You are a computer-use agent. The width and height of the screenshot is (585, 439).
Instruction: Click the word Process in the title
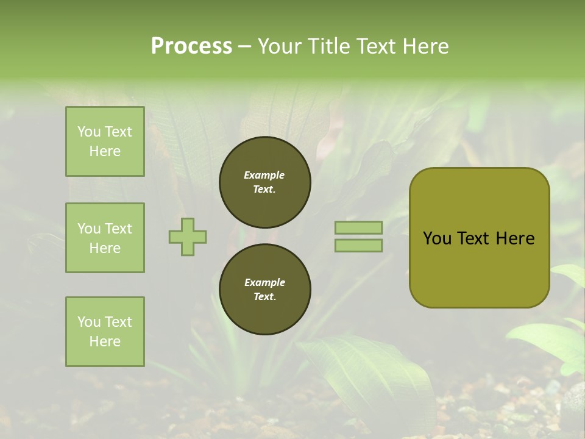click(191, 46)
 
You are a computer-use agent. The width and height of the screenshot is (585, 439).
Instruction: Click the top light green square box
click(105, 141)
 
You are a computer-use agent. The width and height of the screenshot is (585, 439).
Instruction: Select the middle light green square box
click(105, 238)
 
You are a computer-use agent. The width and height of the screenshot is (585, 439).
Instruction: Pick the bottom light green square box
click(105, 332)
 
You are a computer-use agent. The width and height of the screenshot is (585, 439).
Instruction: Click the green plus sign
click(188, 237)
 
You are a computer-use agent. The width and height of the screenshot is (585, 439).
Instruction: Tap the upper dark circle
click(264, 182)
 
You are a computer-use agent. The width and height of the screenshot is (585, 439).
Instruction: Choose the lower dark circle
click(264, 289)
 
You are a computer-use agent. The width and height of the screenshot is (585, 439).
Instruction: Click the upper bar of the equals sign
click(358, 227)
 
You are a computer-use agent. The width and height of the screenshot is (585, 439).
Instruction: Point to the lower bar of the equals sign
click(358, 246)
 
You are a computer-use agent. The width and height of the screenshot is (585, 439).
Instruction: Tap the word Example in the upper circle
click(264, 175)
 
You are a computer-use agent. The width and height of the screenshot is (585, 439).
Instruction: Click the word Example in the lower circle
click(264, 282)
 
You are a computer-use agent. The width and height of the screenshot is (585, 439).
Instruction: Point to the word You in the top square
click(89, 132)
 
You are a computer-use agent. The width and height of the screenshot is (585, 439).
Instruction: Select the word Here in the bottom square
click(105, 341)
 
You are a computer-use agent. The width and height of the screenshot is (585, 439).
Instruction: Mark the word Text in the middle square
click(118, 229)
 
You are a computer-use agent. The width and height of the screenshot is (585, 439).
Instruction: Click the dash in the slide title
click(245, 46)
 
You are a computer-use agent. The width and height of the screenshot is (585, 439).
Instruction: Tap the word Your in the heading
click(279, 46)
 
